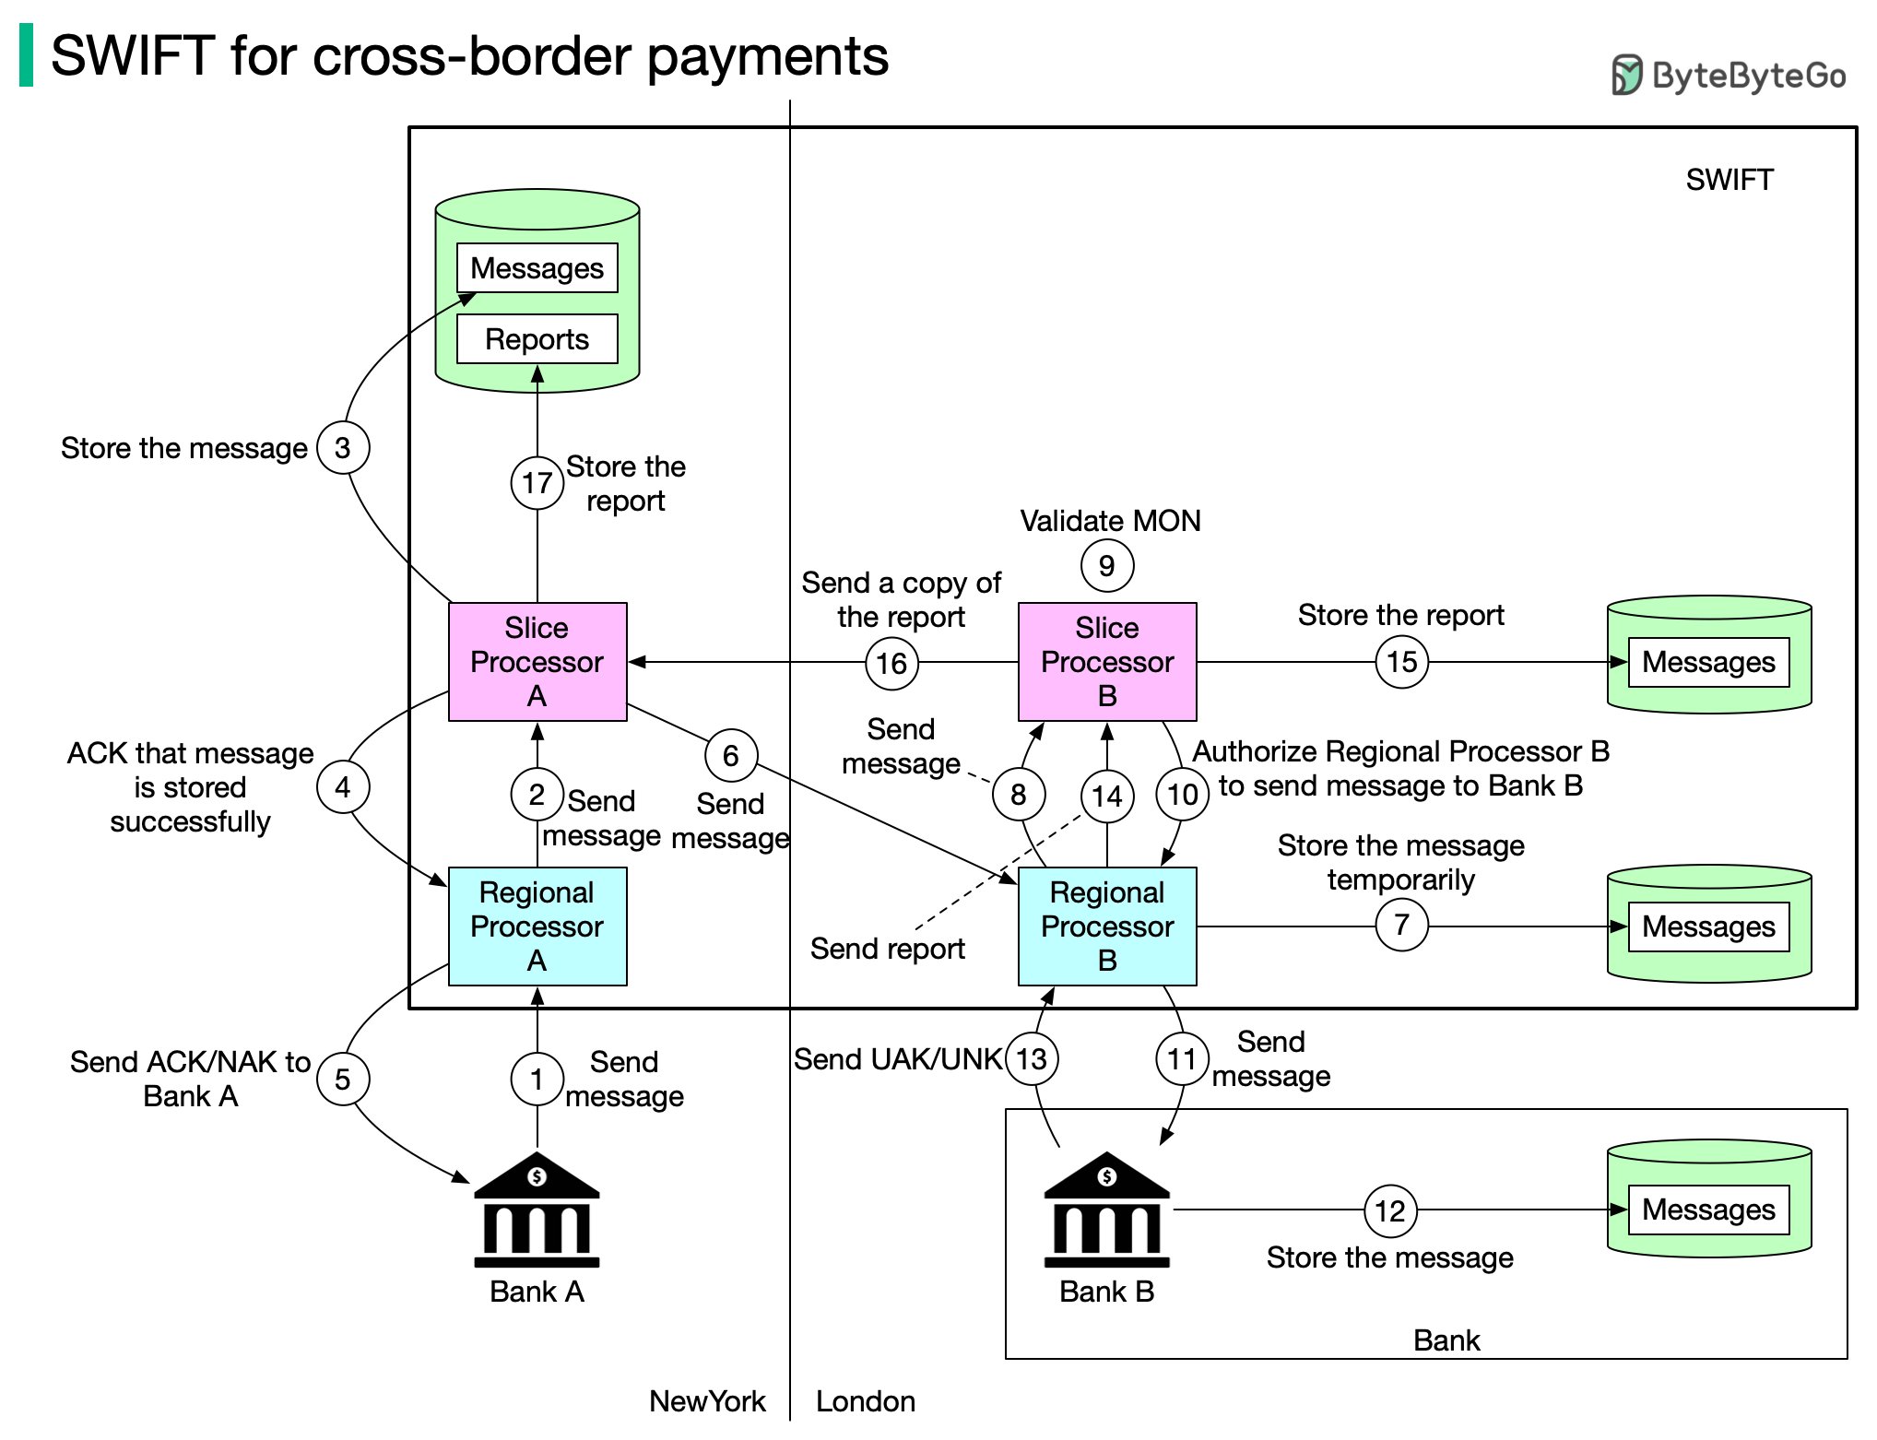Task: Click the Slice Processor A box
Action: click(x=537, y=661)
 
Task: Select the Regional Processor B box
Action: click(x=1106, y=926)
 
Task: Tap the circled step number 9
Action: click(x=1106, y=565)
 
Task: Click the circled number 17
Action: click(x=537, y=481)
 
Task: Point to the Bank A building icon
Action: click(x=537, y=1210)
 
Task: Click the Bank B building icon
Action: click(x=1106, y=1210)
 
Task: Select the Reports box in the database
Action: click(x=537, y=339)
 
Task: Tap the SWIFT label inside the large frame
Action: click(x=1729, y=180)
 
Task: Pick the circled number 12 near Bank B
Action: click(x=1389, y=1210)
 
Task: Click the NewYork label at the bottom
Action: click(x=707, y=1401)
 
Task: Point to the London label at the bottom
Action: click(x=865, y=1401)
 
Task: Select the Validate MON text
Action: click(x=1110, y=521)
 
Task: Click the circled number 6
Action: click(x=730, y=756)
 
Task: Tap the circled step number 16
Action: click(x=891, y=663)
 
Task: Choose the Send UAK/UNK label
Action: click(x=898, y=1059)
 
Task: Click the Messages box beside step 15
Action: click(x=1707, y=662)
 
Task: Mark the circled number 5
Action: click(x=342, y=1079)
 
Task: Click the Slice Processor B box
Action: click(x=1106, y=661)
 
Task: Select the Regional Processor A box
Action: click(x=537, y=926)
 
